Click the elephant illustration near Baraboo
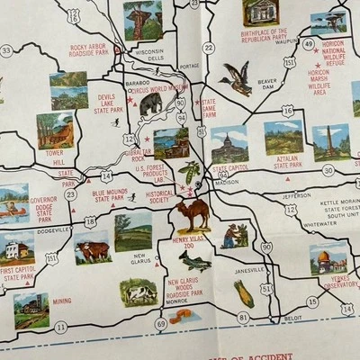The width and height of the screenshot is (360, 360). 150,104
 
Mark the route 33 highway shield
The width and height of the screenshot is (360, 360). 6,50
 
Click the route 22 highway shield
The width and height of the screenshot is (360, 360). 209,47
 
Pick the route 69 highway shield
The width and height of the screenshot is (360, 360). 161,323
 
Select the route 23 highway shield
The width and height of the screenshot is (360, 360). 71,193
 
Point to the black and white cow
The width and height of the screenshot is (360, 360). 139,292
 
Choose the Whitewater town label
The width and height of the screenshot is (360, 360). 319,223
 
